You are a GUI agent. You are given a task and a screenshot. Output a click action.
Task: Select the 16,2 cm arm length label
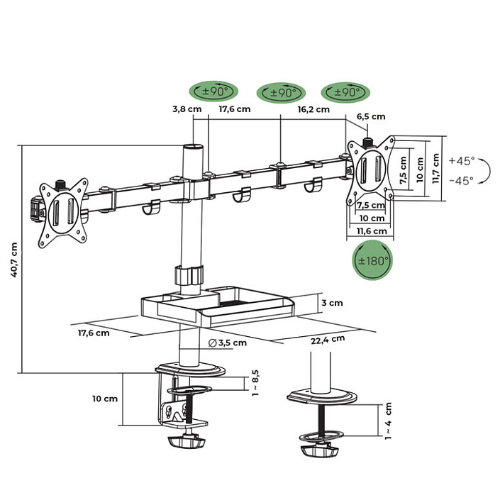[x=313, y=109]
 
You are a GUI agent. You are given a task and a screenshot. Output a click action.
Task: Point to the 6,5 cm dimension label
[x=370, y=116]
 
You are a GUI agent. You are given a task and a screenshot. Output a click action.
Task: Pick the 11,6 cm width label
[x=372, y=231]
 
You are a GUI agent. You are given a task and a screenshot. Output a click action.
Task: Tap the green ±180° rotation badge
[x=372, y=260]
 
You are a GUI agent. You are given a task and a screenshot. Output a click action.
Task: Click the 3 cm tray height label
[x=331, y=303]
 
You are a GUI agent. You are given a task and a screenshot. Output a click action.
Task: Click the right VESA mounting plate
[x=370, y=171]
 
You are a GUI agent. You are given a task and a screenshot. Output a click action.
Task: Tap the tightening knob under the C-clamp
[x=186, y=443]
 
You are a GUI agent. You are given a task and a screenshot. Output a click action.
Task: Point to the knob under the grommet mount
[x=317, y=451]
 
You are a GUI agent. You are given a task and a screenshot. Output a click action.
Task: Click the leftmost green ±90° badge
[x=213, y=92]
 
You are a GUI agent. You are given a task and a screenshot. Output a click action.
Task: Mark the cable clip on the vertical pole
[x=188, y=276]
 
